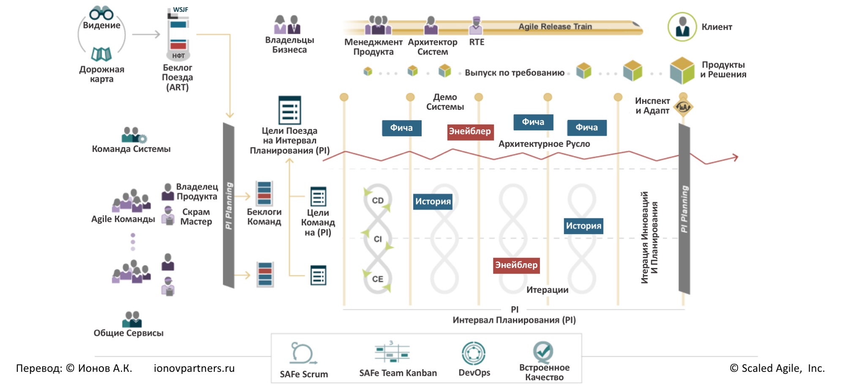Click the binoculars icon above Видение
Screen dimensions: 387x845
tap(101, 13)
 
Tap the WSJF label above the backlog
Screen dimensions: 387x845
tap(180, 9)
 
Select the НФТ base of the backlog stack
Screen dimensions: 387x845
tap(178, 56)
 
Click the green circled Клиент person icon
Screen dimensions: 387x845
tap(682, 27)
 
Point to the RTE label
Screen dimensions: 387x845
tap(477, 42)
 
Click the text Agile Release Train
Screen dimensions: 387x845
tap(555, 27)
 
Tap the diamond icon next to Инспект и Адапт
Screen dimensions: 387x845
tap(683, 107)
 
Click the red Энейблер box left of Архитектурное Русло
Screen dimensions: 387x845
tap(470, 131)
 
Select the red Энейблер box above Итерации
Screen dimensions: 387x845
tap(516, 265)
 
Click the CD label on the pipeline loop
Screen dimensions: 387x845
tap(378, 200)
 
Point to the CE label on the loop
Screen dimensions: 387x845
tap(378, 279)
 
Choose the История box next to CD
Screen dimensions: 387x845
tap(433, 201)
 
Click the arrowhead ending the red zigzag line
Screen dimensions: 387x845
tap(736, 157)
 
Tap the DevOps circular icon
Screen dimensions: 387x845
tap(474, 353)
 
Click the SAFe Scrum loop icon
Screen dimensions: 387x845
tap(303, 353)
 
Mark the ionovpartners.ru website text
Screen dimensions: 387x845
tap(194, 368)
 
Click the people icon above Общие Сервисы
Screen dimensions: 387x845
tap(132, 319)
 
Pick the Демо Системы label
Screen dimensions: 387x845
tap(445, 102)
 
